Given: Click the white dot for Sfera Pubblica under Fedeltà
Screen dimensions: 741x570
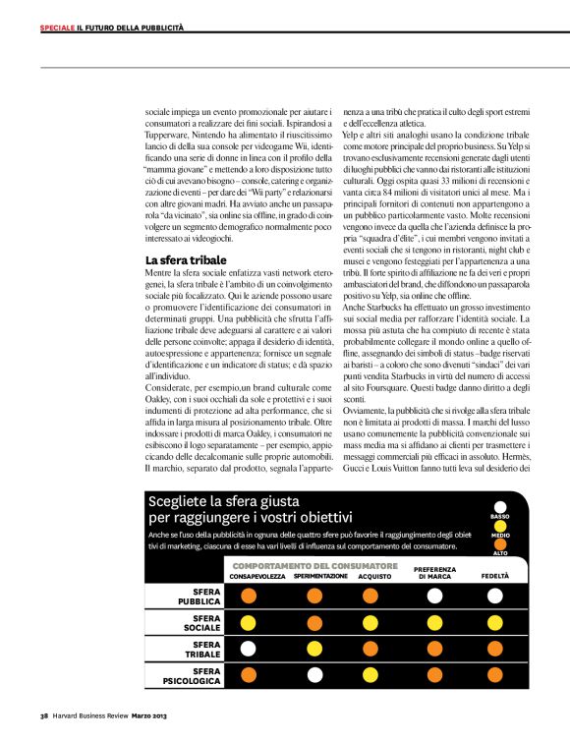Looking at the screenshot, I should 494,596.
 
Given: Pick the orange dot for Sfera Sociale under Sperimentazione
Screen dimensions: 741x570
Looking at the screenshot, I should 314,622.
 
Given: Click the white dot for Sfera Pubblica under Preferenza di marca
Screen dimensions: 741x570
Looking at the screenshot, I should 433,596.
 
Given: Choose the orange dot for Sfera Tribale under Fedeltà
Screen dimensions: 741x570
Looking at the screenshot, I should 494,649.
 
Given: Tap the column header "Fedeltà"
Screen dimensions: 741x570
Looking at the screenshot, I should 494,577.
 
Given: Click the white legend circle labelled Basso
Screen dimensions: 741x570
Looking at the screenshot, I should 499,506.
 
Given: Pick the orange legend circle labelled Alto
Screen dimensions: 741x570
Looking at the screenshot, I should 499,542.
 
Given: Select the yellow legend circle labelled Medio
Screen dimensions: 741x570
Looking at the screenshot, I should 499,525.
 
